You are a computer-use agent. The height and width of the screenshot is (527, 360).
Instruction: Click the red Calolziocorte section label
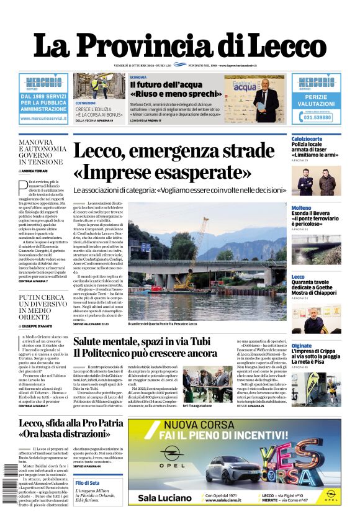click(x=307, y=138)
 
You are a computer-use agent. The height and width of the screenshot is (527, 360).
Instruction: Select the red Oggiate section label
click(x=302, y=346)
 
